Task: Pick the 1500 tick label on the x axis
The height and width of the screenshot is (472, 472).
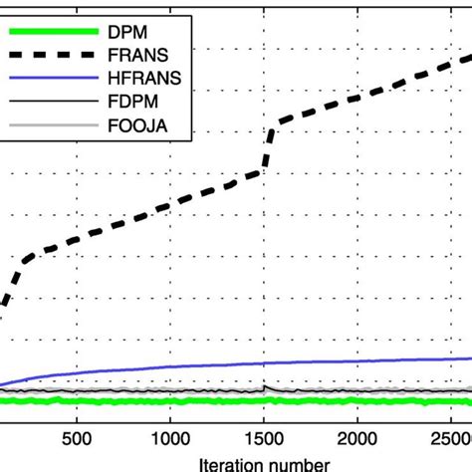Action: click(265, 438)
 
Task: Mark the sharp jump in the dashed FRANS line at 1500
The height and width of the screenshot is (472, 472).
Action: click(267, 144)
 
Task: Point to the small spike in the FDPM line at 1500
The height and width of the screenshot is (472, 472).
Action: click(265, 386)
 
